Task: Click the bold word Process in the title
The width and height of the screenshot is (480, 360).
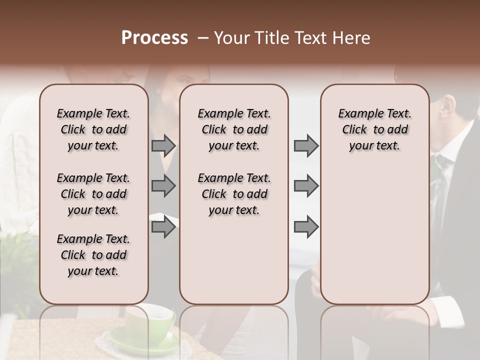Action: (154, 38)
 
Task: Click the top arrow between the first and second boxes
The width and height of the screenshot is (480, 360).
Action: (163, 146)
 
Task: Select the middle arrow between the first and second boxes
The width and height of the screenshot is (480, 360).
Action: (163, 186)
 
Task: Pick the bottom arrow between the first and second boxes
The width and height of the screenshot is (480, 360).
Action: (163, 227)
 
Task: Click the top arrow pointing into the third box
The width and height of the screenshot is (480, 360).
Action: (306, 146)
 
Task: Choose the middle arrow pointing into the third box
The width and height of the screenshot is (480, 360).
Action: (306, 186)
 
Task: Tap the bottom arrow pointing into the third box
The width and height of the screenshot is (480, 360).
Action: (306, 227)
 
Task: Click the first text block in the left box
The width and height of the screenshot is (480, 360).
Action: (93, 129)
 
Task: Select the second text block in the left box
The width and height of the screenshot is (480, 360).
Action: (93, 194)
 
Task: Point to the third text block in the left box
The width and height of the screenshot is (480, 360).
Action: (93, 255)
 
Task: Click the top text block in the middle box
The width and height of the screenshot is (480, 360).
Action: (234, 129)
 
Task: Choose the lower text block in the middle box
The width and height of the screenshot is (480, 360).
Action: (234, 194)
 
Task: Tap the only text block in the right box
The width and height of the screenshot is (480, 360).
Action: (374, 129)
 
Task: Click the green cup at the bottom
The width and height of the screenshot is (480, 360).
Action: (150, 325)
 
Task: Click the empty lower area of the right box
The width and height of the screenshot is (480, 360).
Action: (374, 235)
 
